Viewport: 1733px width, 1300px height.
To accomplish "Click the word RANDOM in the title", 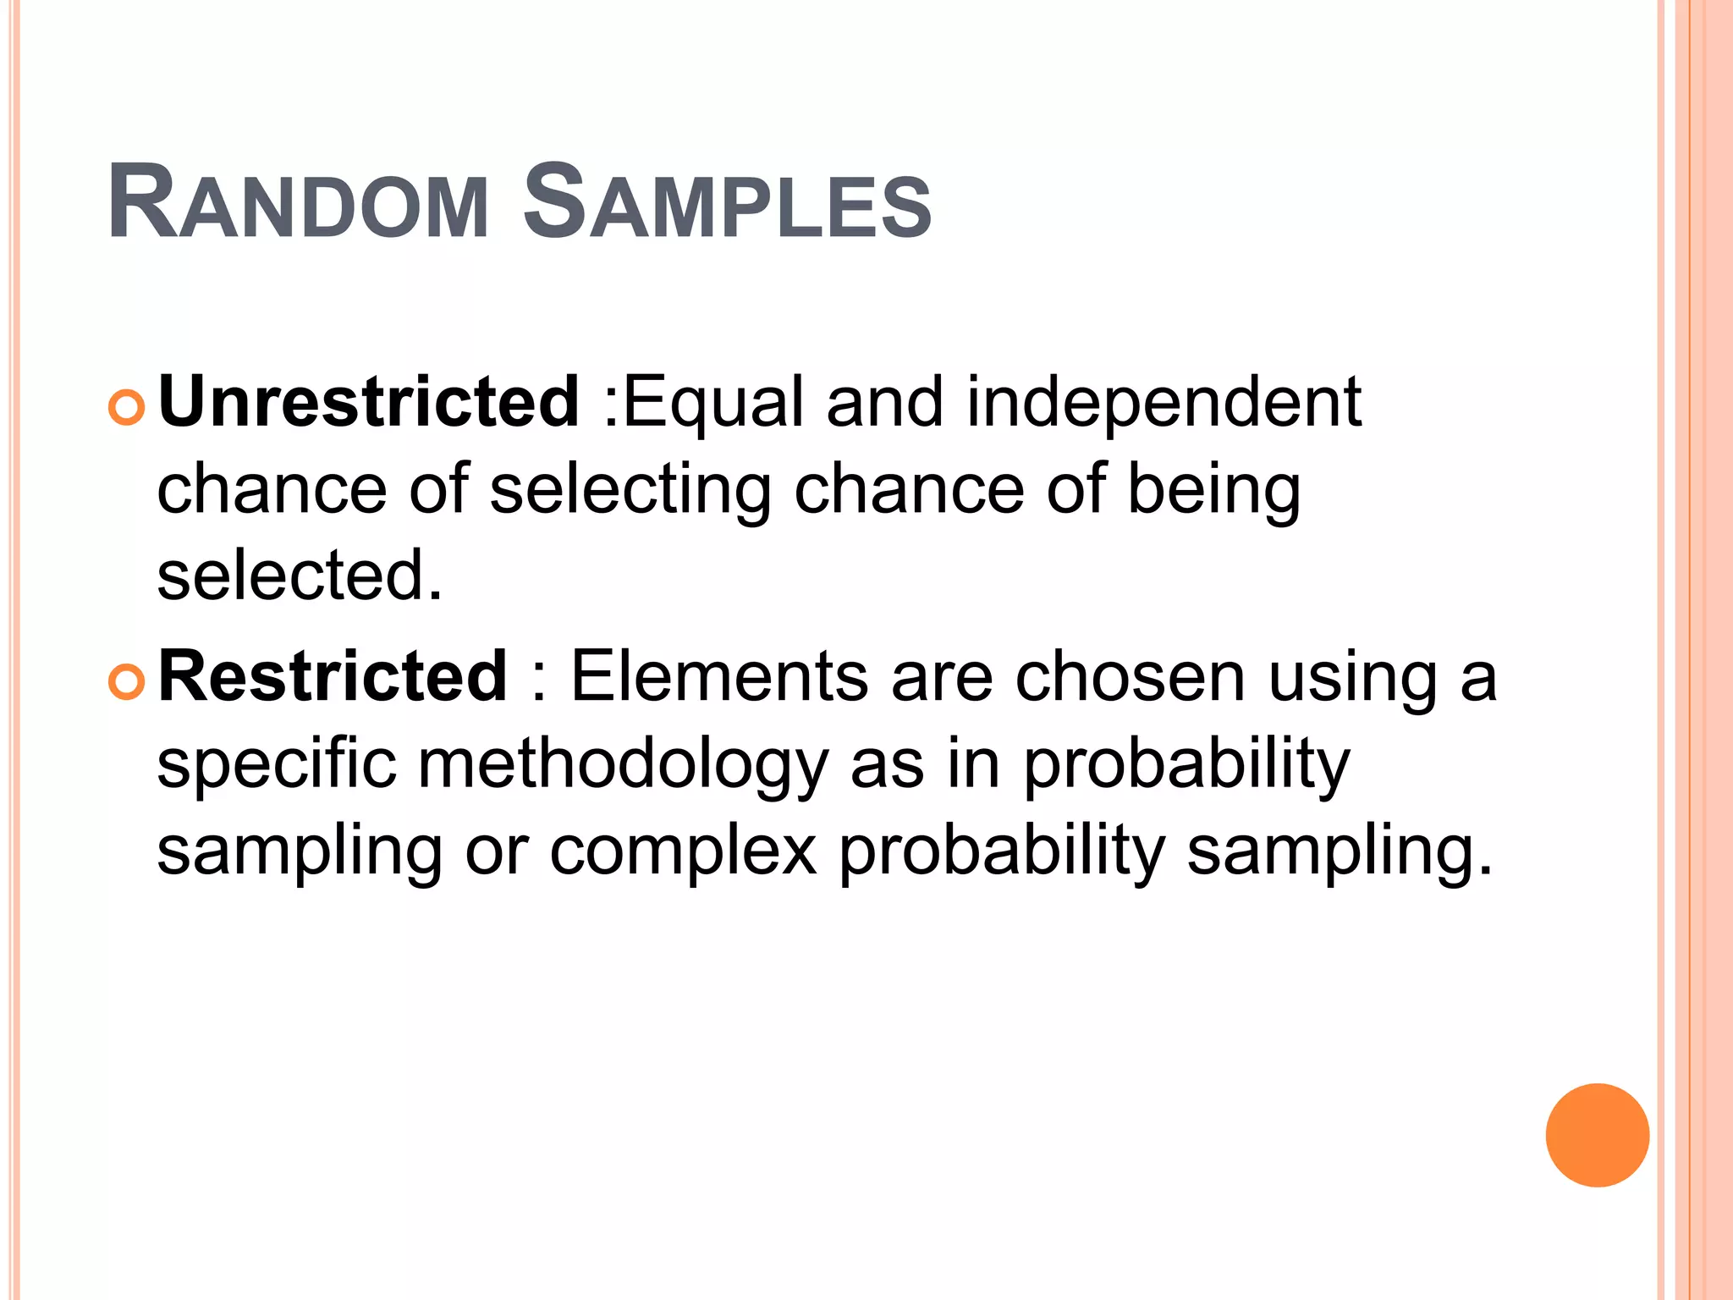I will pyautogui.click(x=299, y=204).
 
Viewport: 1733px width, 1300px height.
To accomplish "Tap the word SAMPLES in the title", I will pyautogui.click(x=727, y=204).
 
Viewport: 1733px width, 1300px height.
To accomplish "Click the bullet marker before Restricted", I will pyautogui.click(x=127, y=682).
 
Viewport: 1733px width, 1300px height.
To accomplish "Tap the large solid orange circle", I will pyautogui.click(x=1597, y=1135).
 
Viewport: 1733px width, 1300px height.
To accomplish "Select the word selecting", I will pyautogui.click(x=630, y=491).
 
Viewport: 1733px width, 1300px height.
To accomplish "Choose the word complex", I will pyautogui.click(x=684, y=851).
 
